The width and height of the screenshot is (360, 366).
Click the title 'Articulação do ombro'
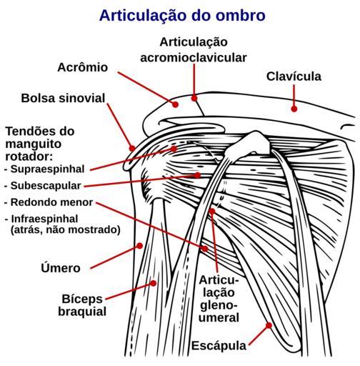[182, 16]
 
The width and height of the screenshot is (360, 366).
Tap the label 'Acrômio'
[83, 67]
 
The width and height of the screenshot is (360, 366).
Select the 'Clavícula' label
[294, 76]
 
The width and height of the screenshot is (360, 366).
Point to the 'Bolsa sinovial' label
[63, 98]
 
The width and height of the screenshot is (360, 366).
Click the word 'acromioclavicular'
[194, 58]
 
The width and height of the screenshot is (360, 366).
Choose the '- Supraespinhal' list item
[44, 169]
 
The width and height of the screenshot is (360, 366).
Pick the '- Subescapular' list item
[43, 186]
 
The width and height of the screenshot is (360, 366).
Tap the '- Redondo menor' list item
[49, 202]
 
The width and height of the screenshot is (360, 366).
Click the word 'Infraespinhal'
[45, 219]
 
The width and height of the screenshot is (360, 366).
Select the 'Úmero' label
[61, 268]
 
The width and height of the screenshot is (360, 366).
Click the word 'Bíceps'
[82, 299]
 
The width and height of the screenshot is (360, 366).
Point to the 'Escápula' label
[219, 345]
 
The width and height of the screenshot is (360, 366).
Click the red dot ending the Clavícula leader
[294, 109]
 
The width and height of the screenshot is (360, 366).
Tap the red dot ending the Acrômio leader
[176, 104]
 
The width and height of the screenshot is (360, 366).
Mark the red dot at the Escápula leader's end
[269, 325]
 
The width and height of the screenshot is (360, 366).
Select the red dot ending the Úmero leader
[140, 245]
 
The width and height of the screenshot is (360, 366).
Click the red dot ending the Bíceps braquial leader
[154, 283]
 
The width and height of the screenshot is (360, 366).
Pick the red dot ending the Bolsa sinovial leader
[132, 149]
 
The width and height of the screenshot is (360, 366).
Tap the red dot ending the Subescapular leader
[197, 175]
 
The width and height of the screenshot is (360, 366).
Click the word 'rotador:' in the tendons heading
[29, 157]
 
